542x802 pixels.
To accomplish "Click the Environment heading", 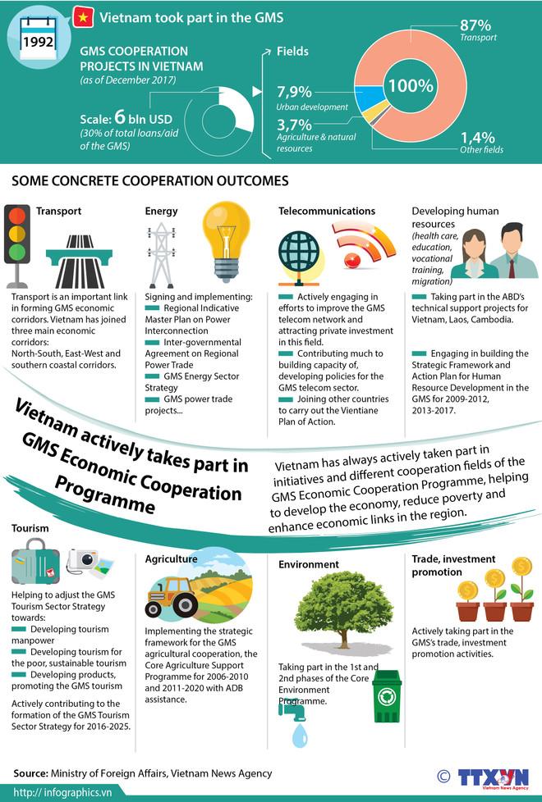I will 309,564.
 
